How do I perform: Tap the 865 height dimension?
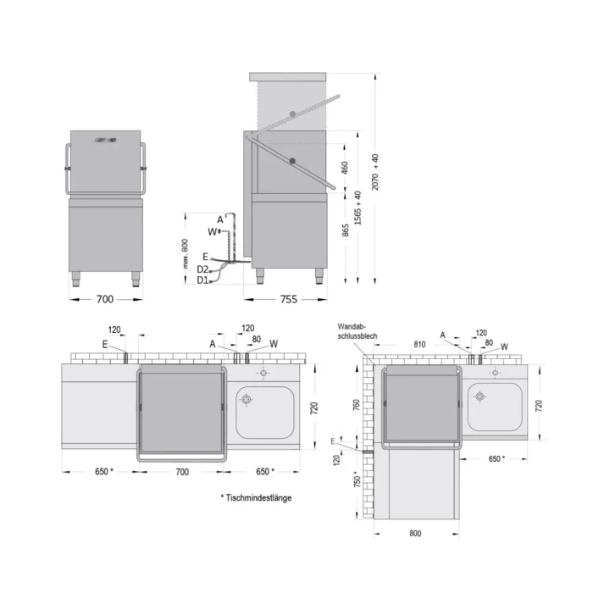[344, 235]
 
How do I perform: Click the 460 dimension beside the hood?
[344, 168]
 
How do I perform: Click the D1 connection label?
[202, 280]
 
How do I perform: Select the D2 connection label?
[202, 269]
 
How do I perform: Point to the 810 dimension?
[419, 346]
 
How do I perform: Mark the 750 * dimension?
[356, 484]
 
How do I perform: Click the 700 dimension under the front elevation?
[106, 299]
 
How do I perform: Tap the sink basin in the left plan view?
[264, 411]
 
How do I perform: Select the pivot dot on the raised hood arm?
[292, 114]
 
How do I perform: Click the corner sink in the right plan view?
[495, 406]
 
